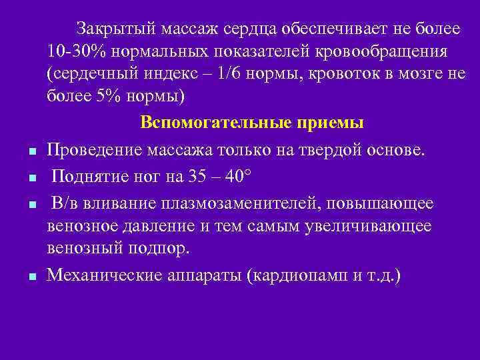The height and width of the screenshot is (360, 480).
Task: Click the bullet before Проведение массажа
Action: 32,151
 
